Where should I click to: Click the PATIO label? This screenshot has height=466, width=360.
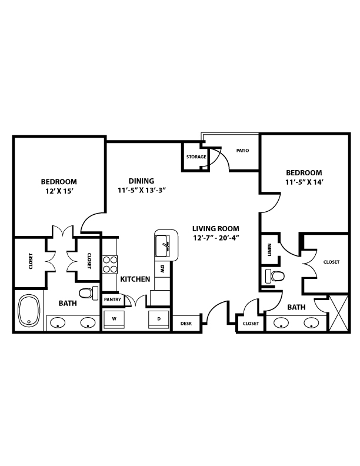coord(242,151)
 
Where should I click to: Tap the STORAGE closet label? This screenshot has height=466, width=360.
coord(196,157)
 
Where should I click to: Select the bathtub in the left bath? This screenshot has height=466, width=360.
coord(29,310)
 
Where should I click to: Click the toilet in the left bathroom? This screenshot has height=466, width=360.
coord(88,293)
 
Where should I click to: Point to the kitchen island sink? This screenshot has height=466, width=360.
coord(162,245)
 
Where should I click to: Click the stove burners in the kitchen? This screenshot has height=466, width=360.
coord(110,264)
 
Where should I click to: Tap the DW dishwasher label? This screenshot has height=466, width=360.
coord(162,269)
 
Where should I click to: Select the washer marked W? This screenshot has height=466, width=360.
coord(114,319)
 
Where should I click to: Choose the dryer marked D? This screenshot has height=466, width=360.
coord(159,319)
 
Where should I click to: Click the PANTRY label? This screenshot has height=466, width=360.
coord(112,299)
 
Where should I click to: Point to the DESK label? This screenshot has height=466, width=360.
coord(186,324)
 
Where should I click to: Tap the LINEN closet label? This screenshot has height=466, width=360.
coord(269,249)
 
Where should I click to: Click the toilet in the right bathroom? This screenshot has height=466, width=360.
coord(275,276)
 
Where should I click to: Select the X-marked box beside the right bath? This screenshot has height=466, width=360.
coord(339,312)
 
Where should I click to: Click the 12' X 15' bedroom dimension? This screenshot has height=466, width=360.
coord(59,191)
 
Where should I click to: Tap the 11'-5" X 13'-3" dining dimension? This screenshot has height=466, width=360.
coord(141,190)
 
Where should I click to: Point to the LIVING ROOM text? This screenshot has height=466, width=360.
coord(216,228)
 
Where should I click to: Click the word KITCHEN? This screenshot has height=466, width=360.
coord(135,279)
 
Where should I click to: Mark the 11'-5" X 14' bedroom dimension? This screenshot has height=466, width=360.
coord(304,182)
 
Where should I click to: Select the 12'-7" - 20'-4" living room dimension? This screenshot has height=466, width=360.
coord(216,238)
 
